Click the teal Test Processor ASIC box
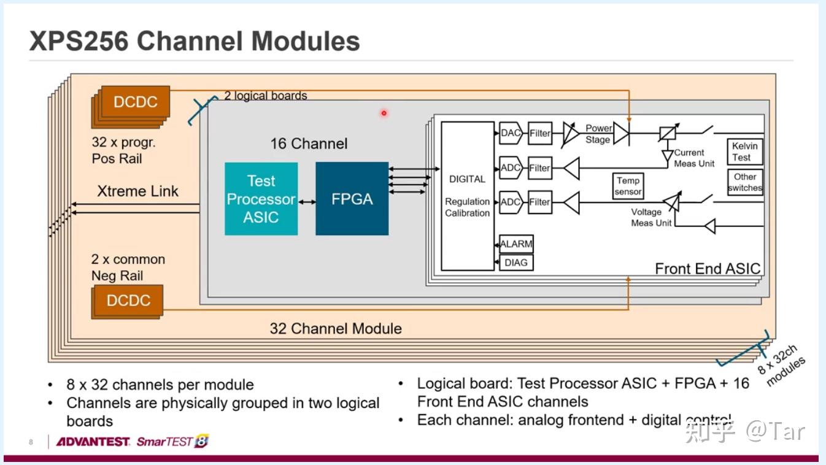(x=261, y=199)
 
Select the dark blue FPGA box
(x=352, y=199)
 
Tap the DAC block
(x=510, y=133)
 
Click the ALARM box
(x=516, y=244)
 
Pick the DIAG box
(x=515, y=263)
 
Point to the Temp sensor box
(x=628, y=185)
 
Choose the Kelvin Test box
(x=745, y=152)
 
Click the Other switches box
(x=745, y=182)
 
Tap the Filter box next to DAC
(x=540, y=133)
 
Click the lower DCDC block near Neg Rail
(x=128, y=301)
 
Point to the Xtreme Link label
(x=137, y=191)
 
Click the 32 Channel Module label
(x=336, y=328)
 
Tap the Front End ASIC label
(x=708, y=269)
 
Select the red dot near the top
(x=384, y=113)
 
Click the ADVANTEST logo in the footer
(x=93, y=442)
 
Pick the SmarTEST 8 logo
(x=172, y=442)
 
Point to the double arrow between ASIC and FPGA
(x=307, y=201)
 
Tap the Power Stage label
(x=598, y=134)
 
